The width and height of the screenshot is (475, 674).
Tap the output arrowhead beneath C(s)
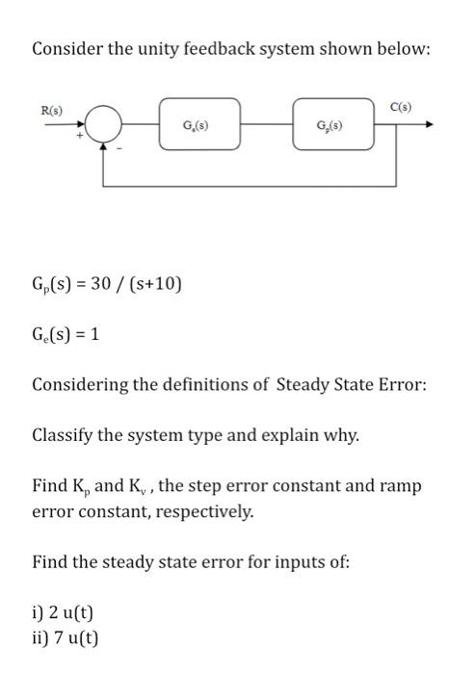point(428,124)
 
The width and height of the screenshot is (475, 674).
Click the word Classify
point(66,435)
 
